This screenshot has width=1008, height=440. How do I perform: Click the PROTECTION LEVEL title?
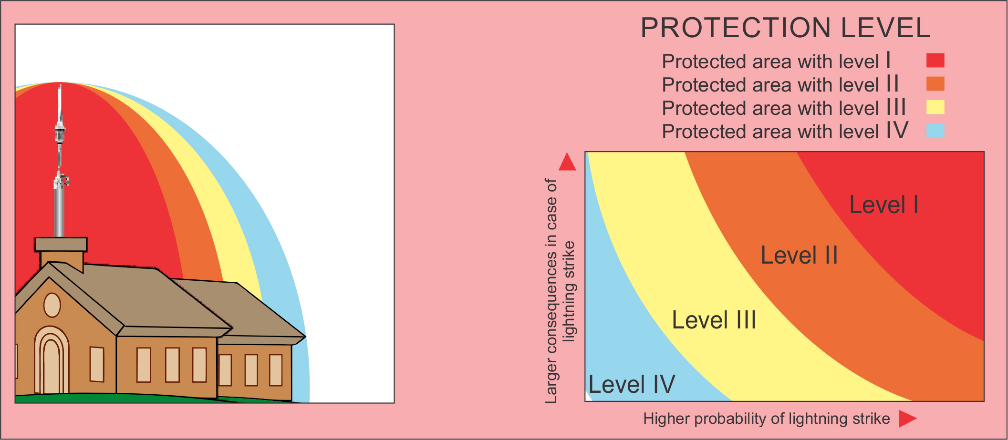785,28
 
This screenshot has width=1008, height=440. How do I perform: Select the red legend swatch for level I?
935,61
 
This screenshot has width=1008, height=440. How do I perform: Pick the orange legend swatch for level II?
935,84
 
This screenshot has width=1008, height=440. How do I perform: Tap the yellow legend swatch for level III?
935,107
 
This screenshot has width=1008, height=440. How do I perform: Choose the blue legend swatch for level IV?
935,130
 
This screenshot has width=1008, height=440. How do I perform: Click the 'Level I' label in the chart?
884,205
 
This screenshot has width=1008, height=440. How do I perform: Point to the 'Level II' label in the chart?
799,255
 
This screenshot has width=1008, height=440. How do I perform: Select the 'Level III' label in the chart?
714,320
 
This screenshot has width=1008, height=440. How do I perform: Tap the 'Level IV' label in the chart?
632,384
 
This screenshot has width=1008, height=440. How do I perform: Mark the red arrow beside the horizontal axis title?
907,419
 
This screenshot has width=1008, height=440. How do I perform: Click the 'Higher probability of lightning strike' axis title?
767,419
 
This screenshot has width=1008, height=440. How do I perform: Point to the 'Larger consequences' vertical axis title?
560,291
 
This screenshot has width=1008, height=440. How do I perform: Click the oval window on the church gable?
52,305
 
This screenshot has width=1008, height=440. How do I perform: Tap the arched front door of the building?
52,361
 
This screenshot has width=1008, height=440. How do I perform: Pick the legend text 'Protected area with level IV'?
785,131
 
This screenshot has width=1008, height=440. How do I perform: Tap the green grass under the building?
119,399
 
